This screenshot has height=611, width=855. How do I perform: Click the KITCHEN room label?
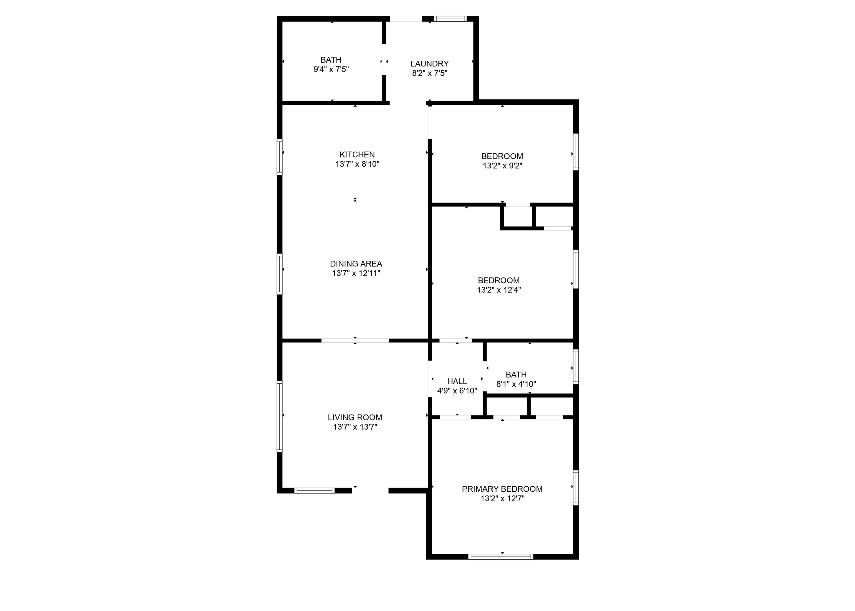pos(357,154)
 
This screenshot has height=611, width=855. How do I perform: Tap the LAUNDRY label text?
pos(429,64)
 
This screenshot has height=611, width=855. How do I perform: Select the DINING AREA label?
pos(356,264)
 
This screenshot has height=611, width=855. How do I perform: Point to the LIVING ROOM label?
pos(355,417)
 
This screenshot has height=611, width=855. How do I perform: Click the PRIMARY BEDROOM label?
pos(502,489)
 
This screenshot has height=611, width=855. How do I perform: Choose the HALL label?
pos(457,381)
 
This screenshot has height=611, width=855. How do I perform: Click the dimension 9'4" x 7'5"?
pos(331,69)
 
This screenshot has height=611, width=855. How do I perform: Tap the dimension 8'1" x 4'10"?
pos(516,384)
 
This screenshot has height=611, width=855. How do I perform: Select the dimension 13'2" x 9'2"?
pos(502,166)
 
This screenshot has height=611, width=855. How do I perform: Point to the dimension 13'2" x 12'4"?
pos(499,290)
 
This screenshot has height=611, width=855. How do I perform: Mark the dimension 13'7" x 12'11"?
pos(356,273)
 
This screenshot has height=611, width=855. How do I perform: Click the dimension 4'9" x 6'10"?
pos(457,391)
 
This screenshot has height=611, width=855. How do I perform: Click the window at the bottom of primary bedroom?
pos(500,556)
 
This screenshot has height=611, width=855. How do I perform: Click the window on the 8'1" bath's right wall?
pos(575,366)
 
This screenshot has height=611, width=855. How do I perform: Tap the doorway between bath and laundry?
pos(384,60)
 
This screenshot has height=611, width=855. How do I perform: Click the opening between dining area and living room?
pos(355,341)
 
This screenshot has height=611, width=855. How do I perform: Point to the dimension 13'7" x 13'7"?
pos(355,427)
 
